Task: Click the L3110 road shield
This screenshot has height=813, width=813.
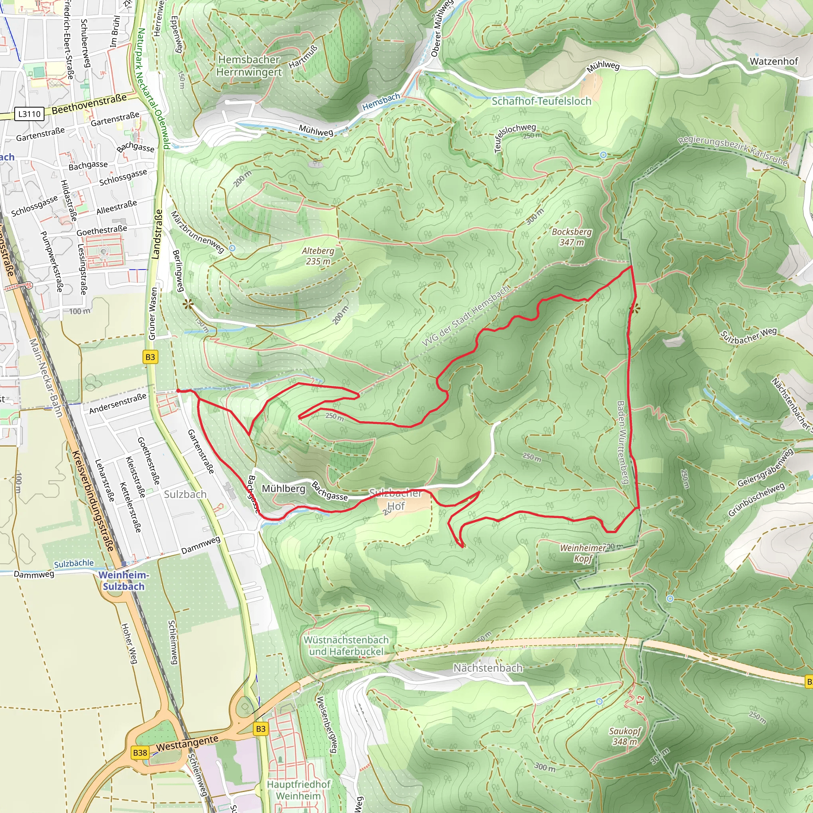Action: (29, 114)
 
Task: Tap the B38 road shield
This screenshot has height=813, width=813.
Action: (140, 752)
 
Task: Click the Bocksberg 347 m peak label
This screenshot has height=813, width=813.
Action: (572, 237)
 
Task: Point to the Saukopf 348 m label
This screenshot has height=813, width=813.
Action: (624, 736)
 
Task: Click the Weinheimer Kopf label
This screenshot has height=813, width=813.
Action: (582, 553)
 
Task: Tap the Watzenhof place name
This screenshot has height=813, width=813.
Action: (773, 62)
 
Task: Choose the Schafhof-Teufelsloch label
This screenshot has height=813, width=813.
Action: (541, 101)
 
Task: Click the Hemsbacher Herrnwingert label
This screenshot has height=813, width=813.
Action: (249, 66)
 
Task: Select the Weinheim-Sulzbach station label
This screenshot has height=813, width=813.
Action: (123, 581)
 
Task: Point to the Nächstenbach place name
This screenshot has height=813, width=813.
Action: (488, 668)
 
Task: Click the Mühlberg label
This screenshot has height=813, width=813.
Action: (283, 489)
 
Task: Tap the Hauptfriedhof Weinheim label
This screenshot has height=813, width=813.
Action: (299, 790)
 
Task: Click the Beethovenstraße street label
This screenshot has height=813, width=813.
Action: (89, 104)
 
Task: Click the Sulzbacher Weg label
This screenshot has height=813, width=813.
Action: (749, 335)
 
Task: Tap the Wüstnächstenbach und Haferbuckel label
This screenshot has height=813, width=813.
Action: (346, 645)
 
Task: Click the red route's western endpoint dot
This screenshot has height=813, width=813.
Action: (178, 391)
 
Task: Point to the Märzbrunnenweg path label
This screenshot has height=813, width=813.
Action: (197, 232)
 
